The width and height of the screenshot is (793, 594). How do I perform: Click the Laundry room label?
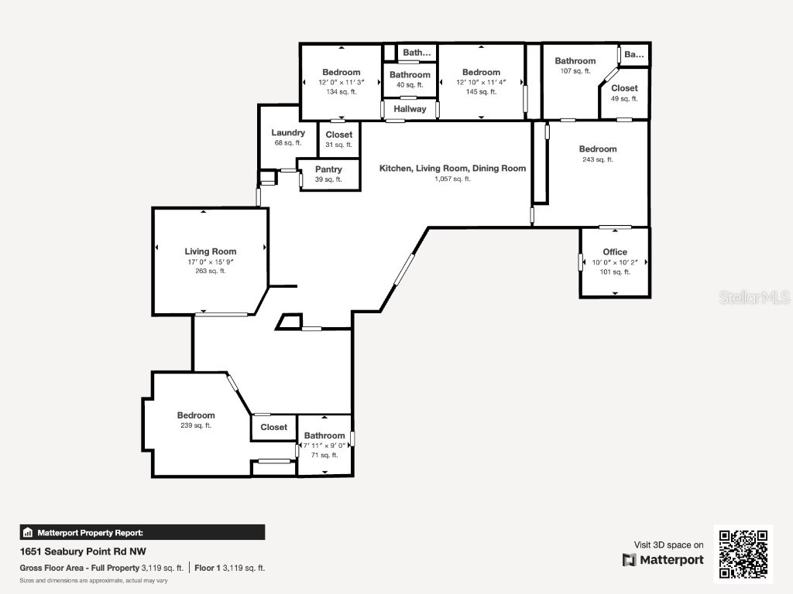(x=288, y=132)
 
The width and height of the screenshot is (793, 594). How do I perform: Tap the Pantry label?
(x=329, y=169)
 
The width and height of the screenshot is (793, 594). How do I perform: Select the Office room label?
(x=615, y=251)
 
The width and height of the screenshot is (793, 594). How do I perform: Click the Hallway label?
(x=410, y=109)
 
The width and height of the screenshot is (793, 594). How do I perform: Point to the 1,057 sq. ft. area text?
(x=452, y=179)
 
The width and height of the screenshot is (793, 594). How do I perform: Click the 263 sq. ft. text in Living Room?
(x=210, y=271)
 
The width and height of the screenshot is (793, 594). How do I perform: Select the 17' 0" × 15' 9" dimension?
(x=210, y=261)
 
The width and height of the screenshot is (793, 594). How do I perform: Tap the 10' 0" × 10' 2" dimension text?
(x=615, y=262)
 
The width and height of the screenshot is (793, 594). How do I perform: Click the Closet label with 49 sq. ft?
(x=624, y=88)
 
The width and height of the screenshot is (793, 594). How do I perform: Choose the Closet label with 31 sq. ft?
(x=338, y=135)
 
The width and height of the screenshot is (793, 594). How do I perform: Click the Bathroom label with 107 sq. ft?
(x=575, y=61)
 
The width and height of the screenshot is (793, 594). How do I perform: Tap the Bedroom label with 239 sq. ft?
(x=195, y=415)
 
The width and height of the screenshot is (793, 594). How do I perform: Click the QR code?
(x=743, y=553)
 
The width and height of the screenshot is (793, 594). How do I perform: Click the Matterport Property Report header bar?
(x=142, y=532)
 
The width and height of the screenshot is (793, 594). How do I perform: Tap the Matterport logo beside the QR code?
(x=663, y=560)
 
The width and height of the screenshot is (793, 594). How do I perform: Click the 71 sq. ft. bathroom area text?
(x=324, y=455)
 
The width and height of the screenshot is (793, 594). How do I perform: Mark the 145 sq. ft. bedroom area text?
(x=481, y=92)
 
